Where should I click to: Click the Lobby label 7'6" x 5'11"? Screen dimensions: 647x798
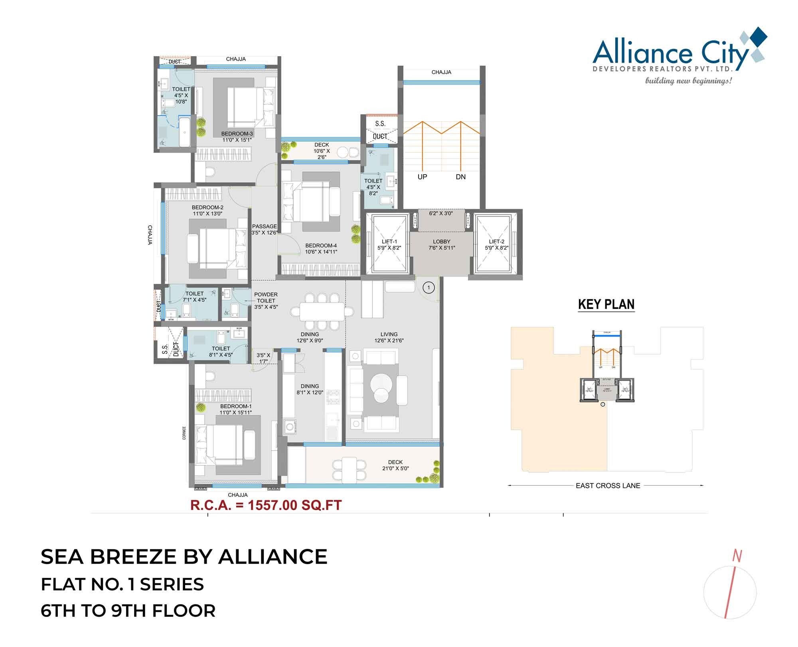[441, 244]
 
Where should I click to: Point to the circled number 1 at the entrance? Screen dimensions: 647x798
[429, 287]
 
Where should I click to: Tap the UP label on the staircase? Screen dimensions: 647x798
[422, 177]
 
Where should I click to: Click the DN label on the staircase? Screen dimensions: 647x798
[460, 177]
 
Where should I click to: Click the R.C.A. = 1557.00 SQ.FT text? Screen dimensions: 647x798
[266, 505]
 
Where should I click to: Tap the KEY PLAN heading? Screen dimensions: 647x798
[606, 305]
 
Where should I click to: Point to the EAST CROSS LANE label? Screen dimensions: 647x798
[608, 486]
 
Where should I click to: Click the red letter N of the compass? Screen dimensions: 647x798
[737, 556]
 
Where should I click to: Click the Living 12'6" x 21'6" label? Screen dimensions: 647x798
[389, 337]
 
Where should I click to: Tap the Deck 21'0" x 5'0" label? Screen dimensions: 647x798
[395, 465]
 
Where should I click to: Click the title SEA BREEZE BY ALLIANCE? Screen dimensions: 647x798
[184, 557]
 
